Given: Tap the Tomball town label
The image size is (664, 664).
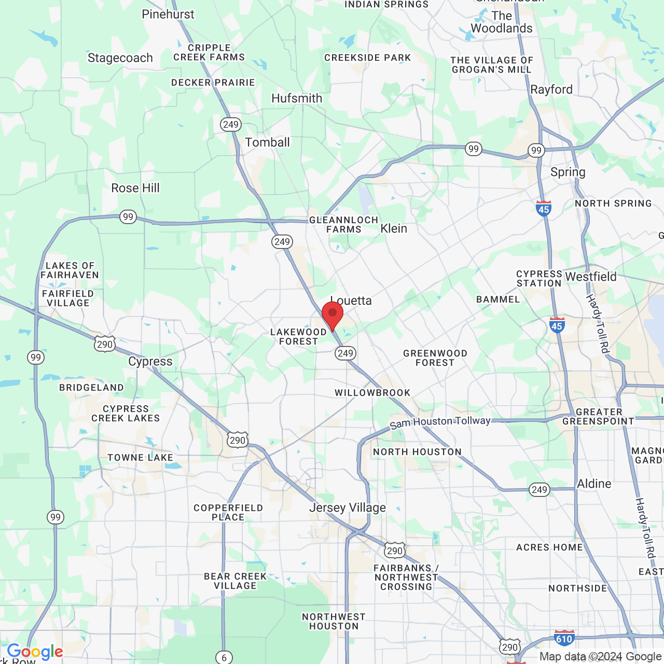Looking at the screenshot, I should point(267,142).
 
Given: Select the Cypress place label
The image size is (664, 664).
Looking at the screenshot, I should point(150,362).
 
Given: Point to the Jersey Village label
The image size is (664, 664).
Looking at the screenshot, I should point(348,507).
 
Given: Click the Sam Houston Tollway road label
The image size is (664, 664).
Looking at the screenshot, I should point(440,422).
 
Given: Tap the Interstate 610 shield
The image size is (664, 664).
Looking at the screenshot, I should point(564,639).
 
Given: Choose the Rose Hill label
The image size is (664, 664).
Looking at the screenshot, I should point(135,188).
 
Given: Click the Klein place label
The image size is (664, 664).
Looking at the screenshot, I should point(394,228).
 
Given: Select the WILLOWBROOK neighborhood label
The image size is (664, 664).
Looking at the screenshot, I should point(372,393).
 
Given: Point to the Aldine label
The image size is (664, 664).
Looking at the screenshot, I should point(594,483).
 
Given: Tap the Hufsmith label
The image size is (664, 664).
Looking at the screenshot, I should point(297,98).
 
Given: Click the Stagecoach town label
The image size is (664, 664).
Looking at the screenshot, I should point(120,58).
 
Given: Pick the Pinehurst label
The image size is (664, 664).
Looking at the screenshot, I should point(168,14).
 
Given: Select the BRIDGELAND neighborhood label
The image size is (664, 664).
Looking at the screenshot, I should point(91,388).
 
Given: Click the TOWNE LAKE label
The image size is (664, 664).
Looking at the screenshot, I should point(140,457).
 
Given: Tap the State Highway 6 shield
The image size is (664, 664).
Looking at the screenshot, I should point(224,657).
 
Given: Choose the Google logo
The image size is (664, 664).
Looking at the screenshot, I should point(35,652).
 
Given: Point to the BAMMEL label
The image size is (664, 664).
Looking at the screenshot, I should point(498,299).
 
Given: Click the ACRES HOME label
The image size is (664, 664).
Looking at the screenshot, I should point(549,547).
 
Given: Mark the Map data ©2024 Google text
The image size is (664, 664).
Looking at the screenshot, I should point(600,656).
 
